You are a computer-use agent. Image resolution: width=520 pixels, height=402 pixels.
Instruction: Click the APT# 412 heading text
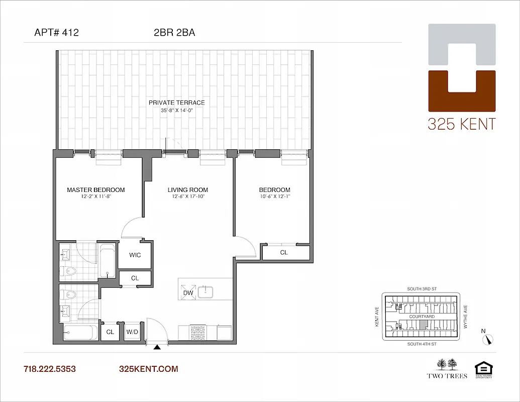coord(56,33)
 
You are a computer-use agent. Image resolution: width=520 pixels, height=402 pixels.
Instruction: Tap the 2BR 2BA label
coord(174,33)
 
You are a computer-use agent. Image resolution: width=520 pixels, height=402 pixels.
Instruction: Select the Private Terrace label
coord(176,103)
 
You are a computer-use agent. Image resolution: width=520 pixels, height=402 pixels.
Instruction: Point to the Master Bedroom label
coord(96,190)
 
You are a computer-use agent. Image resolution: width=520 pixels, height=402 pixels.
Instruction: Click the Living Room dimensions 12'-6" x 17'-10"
coord(187,197)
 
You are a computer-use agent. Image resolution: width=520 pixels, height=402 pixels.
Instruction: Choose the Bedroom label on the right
coord(274,190)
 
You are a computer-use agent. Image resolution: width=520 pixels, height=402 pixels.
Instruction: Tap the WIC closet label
coord(135,255)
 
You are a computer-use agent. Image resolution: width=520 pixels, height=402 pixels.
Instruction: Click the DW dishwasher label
coord(188,292)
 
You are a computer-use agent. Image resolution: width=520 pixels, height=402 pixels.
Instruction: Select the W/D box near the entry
coord(133,332)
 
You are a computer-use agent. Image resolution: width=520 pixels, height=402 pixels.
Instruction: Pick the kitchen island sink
coord(205,292)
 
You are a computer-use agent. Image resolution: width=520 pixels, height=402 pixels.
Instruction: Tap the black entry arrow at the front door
coord(157,347)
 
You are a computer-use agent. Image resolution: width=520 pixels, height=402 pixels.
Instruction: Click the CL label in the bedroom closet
coord(284,252)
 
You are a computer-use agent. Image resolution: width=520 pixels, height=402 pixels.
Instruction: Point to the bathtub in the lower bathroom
coord(80,332)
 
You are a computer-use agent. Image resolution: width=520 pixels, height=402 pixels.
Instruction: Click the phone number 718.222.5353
coord(50,369)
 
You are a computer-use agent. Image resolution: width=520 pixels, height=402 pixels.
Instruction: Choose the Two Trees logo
coord(447,368)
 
